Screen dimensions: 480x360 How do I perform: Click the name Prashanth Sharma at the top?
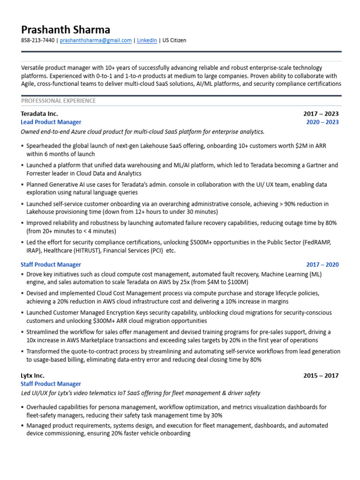(x=65, y=30)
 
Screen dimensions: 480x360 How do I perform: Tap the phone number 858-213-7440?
(x=37, y=41)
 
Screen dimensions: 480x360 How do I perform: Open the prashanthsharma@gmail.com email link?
(x=96, y=41)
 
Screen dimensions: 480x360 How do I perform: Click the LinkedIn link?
(x=147, y=41)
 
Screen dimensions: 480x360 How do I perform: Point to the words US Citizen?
(x=174, y=41)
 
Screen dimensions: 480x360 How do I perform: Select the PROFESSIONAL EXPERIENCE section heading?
(x=58, y=101)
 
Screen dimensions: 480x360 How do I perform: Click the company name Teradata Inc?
(x=39, y=113)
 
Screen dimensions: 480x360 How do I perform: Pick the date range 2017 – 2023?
(x=321, y=113)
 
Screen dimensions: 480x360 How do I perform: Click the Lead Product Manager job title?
(x=52, y=122)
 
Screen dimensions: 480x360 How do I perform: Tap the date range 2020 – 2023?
(x=322, y=122)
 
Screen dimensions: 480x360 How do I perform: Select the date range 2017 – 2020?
(x=322, y=265)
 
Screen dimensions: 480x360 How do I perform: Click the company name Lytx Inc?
(x=32, y=375)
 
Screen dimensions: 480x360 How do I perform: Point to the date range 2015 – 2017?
(x=321, y=375)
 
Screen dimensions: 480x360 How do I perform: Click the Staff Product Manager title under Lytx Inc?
(x=51, y=384)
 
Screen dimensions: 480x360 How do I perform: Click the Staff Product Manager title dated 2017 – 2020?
(x=51, y=265)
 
